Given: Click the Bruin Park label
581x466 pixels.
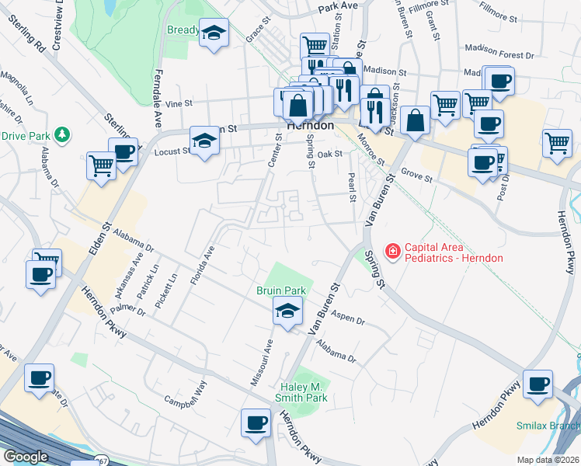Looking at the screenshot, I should pos(281,290).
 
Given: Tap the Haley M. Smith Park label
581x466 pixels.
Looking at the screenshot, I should pos(304,391).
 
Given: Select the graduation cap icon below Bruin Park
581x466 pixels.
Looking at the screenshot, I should pos(287,312).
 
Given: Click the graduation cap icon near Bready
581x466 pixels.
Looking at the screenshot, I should pos(214,33).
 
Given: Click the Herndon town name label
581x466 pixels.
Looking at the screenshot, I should pos(310,125).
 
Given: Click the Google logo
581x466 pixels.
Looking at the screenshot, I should pos(26,457).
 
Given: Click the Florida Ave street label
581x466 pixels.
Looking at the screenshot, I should pos(204,264).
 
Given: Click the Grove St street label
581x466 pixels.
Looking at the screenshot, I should pos(416,176).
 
